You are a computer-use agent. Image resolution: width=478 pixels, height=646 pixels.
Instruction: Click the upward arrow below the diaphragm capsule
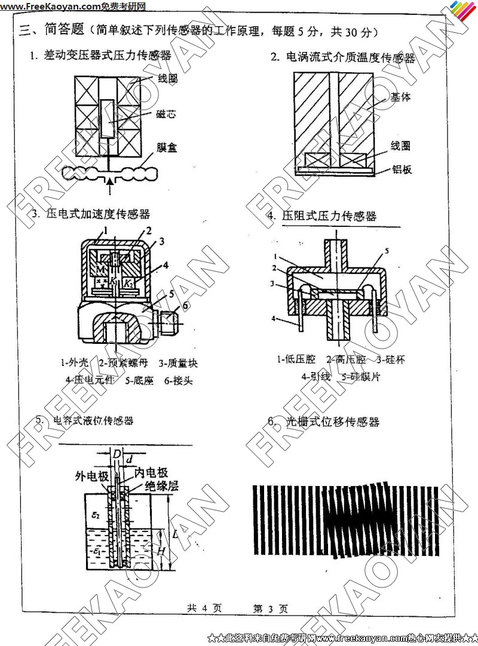click(x=110, y=186)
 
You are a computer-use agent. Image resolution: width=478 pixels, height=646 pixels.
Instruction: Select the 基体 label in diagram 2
click(x=400, y=97)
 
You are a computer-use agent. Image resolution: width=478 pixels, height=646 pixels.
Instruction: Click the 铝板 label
click(x=402, y=170)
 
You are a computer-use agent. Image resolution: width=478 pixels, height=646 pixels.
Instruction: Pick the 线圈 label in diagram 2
click(x=400, y=146)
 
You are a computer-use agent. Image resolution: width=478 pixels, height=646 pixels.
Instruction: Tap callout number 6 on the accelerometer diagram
click(x=185, y=306)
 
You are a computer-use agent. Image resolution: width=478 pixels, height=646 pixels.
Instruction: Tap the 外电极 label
click(x=91, y=476)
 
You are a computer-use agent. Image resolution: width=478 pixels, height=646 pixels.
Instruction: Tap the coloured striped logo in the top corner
click(x=462, y=10)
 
